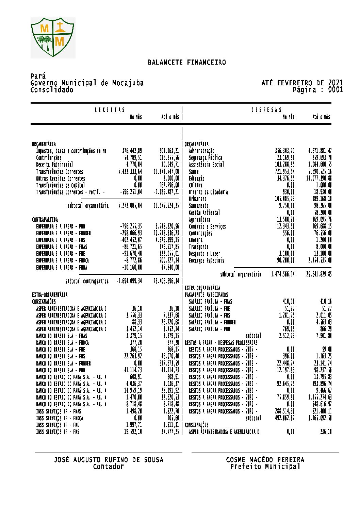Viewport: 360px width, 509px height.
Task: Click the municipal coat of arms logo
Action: pyautogui.click(x=53, y=37)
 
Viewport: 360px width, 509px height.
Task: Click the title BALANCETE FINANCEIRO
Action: pyautogui.click(x=187, y=63)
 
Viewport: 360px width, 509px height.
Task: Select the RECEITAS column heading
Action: pyautogui.click(x=110, y=110)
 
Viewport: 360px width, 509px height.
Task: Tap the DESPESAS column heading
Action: pyautogui.click(x=266, y=110)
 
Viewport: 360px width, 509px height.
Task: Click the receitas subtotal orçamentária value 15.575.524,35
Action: pyautogui.click(x=166, y=206)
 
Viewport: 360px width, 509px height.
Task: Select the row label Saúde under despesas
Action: pyautogui.click(x=194, y=172)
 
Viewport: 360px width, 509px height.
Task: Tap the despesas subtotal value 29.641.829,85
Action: pyautogui.click(x=319, y=274)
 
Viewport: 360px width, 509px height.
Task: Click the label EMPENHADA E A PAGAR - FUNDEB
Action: pyautogui.click(x=63, y=233)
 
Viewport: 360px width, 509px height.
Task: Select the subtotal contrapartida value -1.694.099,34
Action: pyautogui.click(x=129, y=281)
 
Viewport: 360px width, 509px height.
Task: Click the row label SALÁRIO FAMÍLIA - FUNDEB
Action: pyautogui.click(x=212, y=322)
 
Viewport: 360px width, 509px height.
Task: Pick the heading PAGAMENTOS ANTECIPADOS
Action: pyautogui.click(x=206, y=295)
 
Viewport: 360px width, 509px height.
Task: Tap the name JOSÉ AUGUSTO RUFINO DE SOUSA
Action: pyautogui.click(x=109, y=460)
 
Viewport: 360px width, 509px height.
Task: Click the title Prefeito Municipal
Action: pyautogui.click(x=265, y=466)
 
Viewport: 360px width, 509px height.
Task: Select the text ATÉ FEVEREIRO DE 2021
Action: pyautogui.click(x=302, y=83)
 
